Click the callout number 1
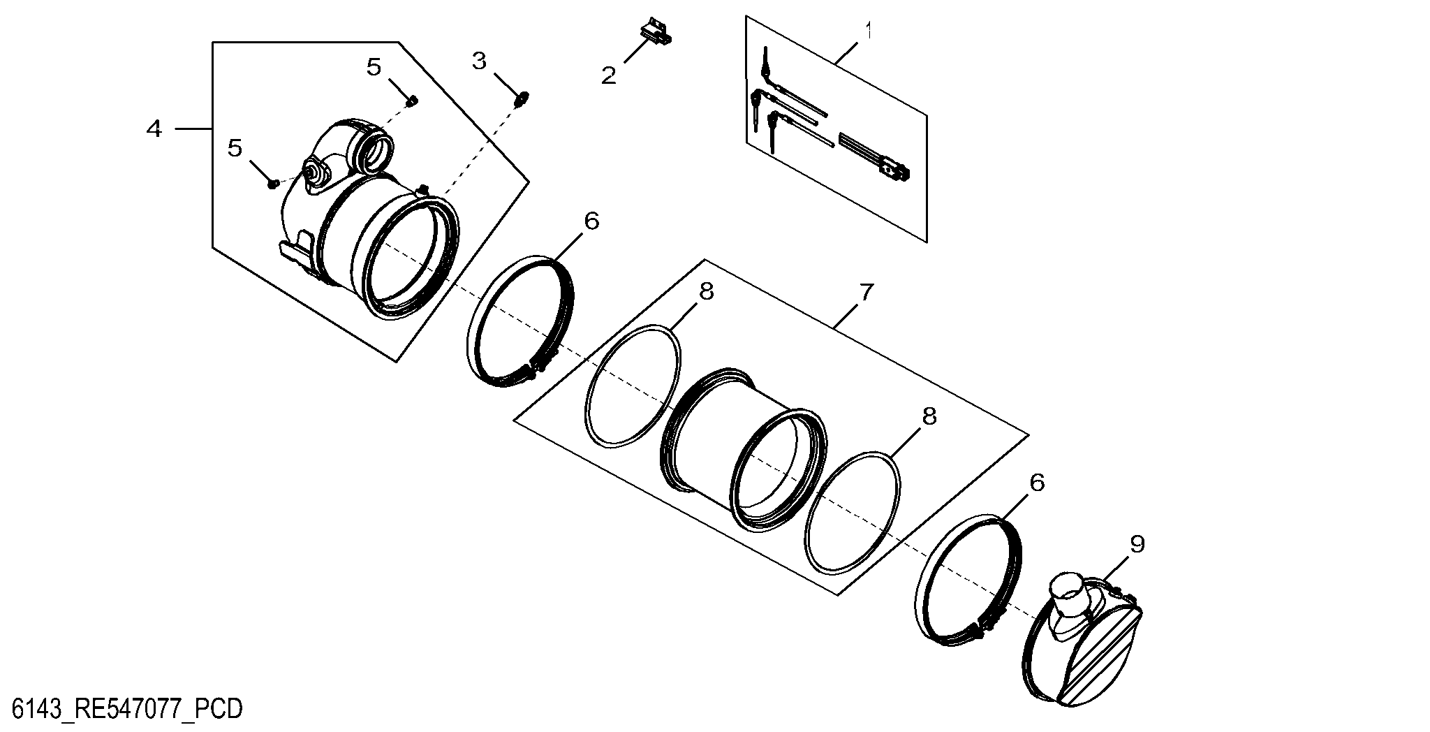[869, 31]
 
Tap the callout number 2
[609, 75]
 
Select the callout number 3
[479, 61]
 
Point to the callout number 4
[154, 129]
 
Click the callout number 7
[866, 292]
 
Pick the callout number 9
[1137, 545]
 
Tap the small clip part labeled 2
[655, 32]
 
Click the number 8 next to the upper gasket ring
[707, 292]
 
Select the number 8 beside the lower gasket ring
[929, 416]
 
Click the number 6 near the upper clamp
[591, 221]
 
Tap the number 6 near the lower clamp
[1037, 482]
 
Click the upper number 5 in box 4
[374, 67]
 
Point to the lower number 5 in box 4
[235, 147]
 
